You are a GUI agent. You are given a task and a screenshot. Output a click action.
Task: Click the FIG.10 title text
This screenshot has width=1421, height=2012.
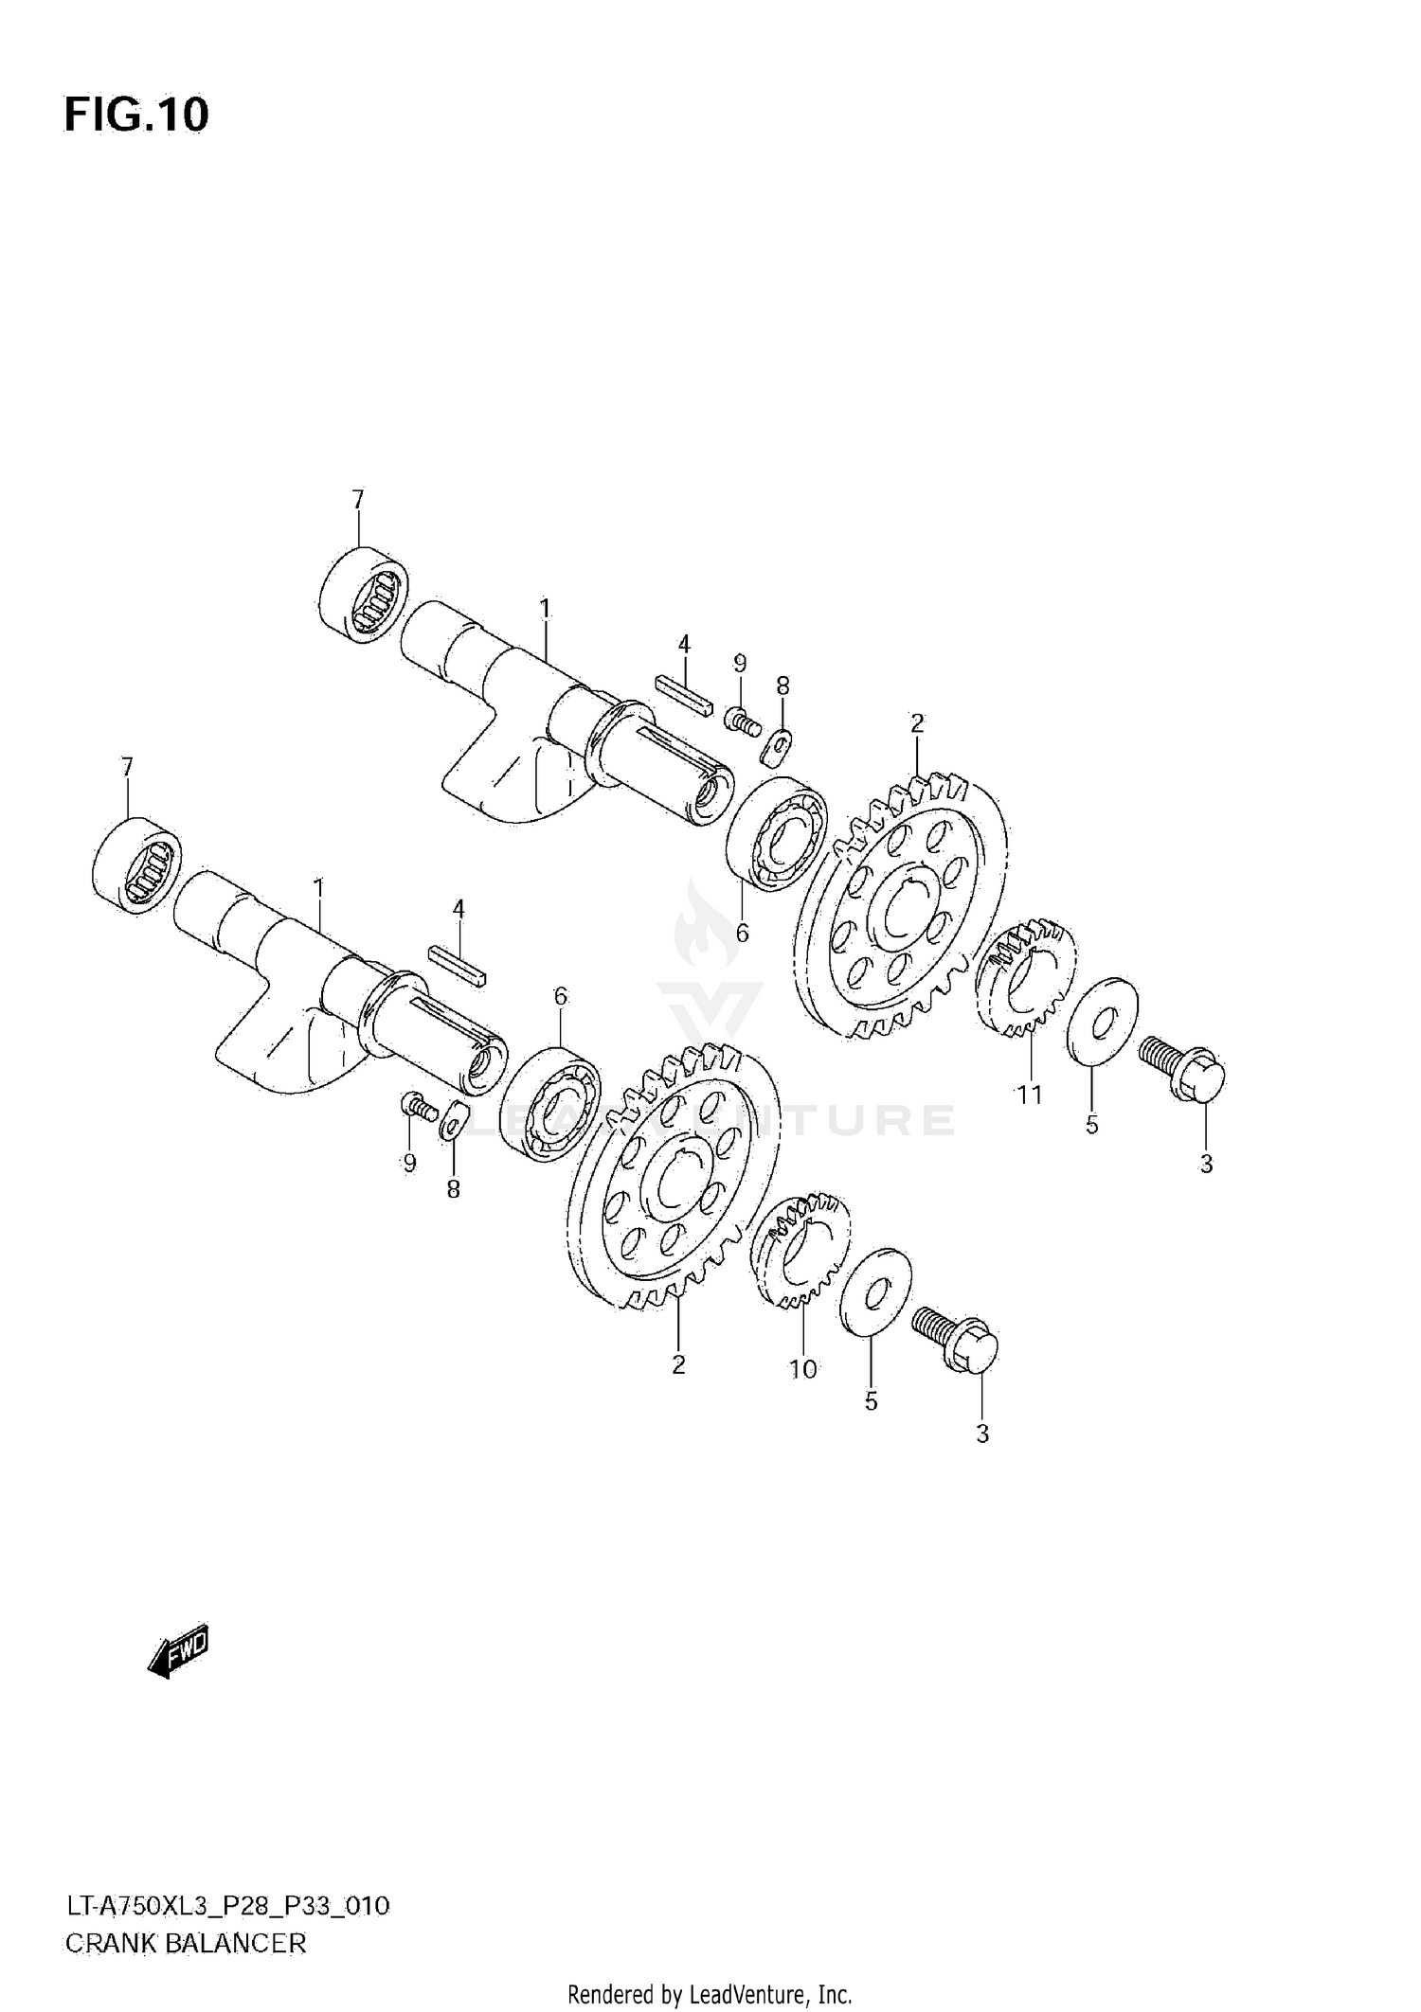[136, 116]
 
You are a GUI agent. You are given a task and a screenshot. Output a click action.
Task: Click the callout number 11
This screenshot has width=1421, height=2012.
[1030, 1095]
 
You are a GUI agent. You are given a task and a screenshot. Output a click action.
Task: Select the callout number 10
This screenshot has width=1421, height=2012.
[803, 1369]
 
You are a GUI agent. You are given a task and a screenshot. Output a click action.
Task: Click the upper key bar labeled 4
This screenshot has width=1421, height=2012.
[683, 696]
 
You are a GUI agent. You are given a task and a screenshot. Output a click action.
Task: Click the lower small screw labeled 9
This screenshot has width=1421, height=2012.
[417, 1105]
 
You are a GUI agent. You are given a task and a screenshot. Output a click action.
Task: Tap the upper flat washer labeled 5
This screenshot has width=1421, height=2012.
[1104, 1022]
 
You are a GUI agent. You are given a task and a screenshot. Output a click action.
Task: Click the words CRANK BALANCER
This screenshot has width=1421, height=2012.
[186, 1944]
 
